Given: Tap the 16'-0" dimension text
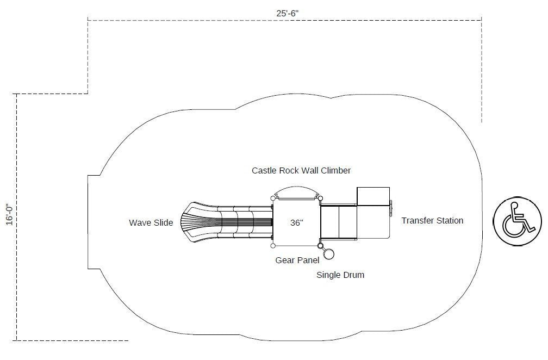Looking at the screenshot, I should pyautogui.click(x=9, y=214).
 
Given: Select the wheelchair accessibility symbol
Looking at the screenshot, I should pyautogui.click(x=517, y=220).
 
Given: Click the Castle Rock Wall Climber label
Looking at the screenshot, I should pyautogui.click(x=301, y=171).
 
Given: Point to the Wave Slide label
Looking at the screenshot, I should pyautogui.click(x=151, y=222).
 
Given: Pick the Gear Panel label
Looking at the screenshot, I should pyautogui.click(x=297, y=260).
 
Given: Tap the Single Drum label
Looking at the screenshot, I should pyautogui.click(x=340, y=275).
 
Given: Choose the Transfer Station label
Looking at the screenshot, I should pyautogui.click(x=432, y=221).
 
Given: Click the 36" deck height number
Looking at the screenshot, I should pyautogui.click(x=296, y=222).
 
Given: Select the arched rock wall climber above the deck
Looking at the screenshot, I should pyautogui.click(x=296, y=192).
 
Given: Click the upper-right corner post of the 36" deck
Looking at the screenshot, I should pyautogui.click(x=320, y=198).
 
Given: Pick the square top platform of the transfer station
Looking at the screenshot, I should pyautogui.click(x=373, y=196).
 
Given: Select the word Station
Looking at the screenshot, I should pyautogui.click(x=448, y=221).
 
